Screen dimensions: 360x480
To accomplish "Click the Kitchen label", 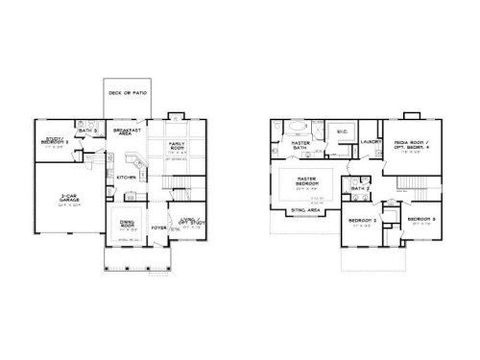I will click(126, 178).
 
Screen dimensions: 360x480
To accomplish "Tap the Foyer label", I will click(159, 228).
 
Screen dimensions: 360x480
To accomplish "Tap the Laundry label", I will click(372, 143).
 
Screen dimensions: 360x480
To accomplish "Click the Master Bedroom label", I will click(307, 182).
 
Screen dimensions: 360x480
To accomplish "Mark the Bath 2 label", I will click(360, 189).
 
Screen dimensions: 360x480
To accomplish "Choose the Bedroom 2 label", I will click(360, 222).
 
